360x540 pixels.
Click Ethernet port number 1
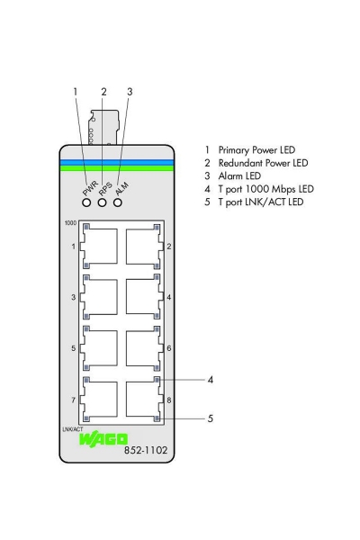pyautogui.click(x=99, y=246)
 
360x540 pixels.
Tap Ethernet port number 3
pyautogui.click(x=99, y=296)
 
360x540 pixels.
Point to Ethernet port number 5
pyautogui.click(x=99, y=346)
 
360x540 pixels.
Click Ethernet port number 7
pyautogui.click(x=99, y=398)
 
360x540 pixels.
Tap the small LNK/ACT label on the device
pyautogui.click(x=74, y=431)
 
